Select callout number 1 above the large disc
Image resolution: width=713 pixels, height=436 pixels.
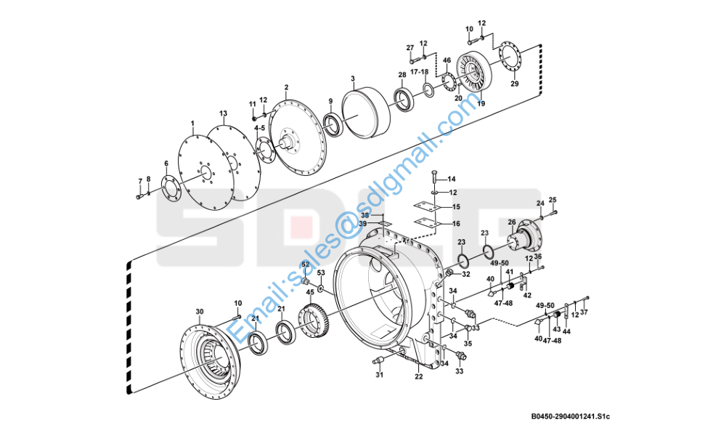click(192, 124)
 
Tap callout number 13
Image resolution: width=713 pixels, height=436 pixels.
click(224, 113)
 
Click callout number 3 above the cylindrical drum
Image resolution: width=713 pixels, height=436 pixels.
click(352, 78)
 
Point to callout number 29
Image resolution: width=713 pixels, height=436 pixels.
click(515, 84)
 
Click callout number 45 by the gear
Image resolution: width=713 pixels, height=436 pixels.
click(310, 291)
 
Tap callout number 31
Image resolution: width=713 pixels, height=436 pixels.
click(378, 375)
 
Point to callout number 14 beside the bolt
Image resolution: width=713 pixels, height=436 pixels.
click(451, 179)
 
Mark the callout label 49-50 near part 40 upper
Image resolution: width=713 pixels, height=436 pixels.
click(499, 263)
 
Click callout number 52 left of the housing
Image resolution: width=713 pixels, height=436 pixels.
click(306, 264)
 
